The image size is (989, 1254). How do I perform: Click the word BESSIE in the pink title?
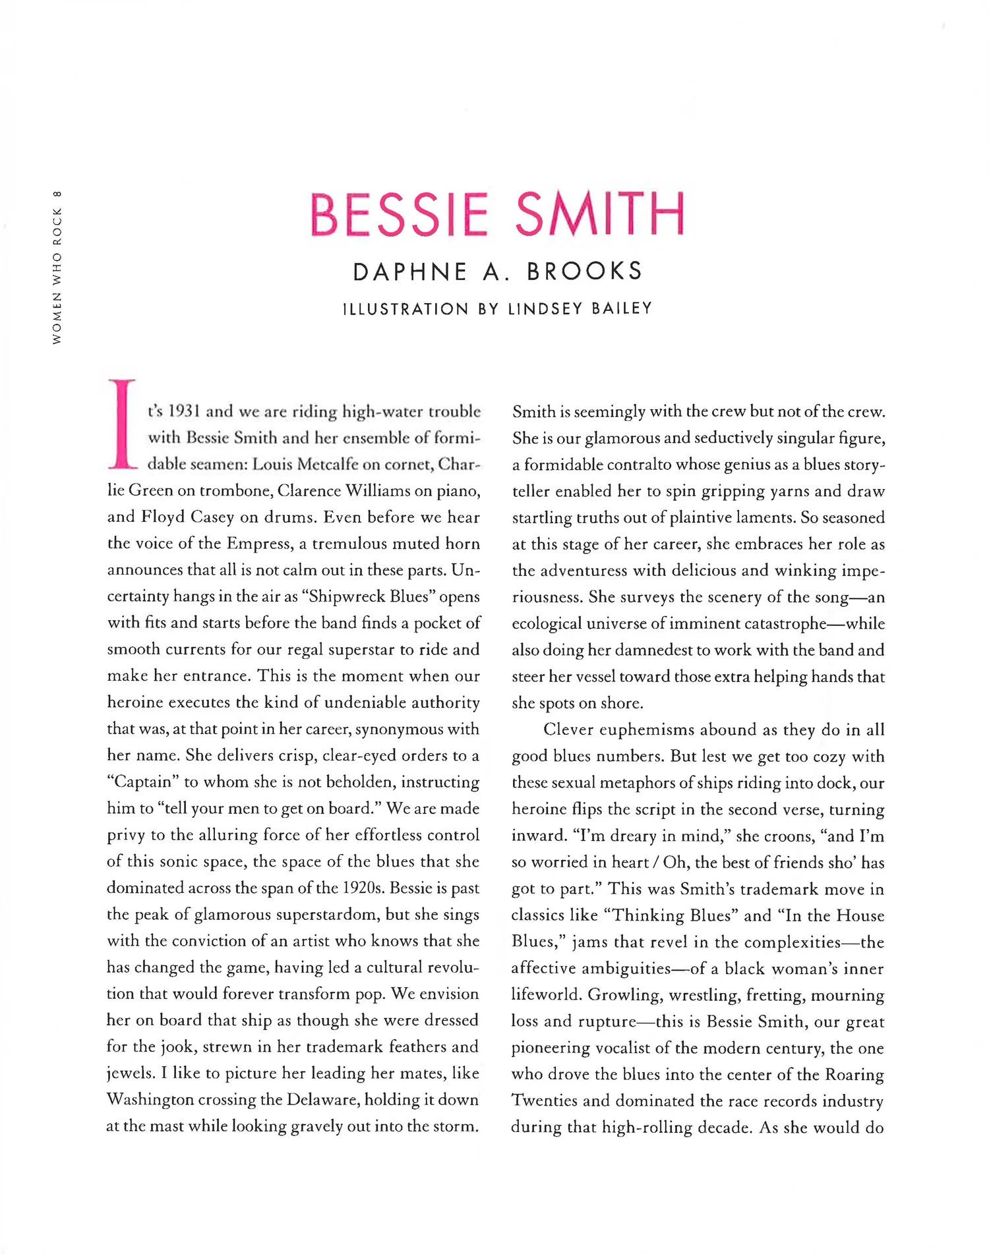pyautogui.click(x=399, y=214)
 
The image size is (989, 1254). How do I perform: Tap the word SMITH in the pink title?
pyautogui.click(x=599, y=214)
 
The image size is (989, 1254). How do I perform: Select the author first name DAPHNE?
pyautogui.click(x=410, y=271)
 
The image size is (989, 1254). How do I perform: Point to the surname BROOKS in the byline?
pyautogui.click(x=584, y=271)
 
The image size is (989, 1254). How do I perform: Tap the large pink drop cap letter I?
pyautogui.click(x=122, y=424)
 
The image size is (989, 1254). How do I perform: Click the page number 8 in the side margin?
pyautogui.click(x=57, y=194)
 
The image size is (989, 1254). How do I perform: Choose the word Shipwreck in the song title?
pyautogui.click(x=343, y=596)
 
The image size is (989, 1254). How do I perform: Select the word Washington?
pyautogui.click(x=150, y=1100)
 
